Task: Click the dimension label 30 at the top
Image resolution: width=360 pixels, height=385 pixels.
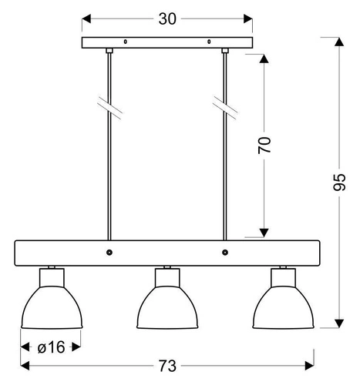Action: (x=167, y=19)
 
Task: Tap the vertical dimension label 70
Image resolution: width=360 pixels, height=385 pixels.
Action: (x=264, y=146)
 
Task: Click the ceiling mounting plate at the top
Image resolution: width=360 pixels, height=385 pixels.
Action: (x=167, y=43)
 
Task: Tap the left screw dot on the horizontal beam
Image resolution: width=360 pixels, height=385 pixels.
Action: (x=109, y=252)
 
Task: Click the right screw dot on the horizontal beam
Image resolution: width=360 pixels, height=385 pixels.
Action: (x=224, y=252)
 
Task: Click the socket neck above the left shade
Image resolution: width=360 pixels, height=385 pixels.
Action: (x=51, y=274)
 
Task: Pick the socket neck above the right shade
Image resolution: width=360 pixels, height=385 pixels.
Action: (x=283, y=274)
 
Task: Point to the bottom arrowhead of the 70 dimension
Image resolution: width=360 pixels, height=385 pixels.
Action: (x=264, y=232)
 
